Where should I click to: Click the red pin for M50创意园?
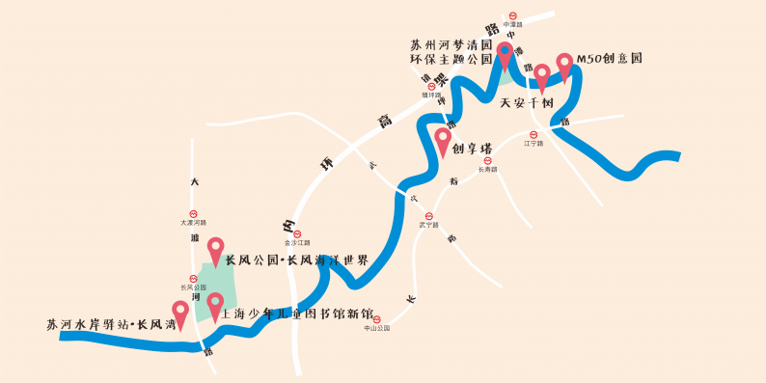pos(565,65)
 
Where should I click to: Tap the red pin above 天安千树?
pos(542,75)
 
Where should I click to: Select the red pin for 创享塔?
pos(444,140)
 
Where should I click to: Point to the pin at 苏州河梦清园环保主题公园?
pos(505,53)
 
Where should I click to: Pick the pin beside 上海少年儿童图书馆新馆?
pos(215,305)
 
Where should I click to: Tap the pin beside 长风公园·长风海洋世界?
pos(215,250)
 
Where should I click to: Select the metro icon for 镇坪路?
pos(431,87)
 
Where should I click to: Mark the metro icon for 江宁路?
pos(533,135)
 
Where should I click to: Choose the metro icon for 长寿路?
pos(487,161)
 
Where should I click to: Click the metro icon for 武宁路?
pos(429,216)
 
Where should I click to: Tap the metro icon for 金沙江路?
pos(297,233)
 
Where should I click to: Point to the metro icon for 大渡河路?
pos(194,214)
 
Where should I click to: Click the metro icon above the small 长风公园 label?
pos(194,278)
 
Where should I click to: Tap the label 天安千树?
pos(526,103)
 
